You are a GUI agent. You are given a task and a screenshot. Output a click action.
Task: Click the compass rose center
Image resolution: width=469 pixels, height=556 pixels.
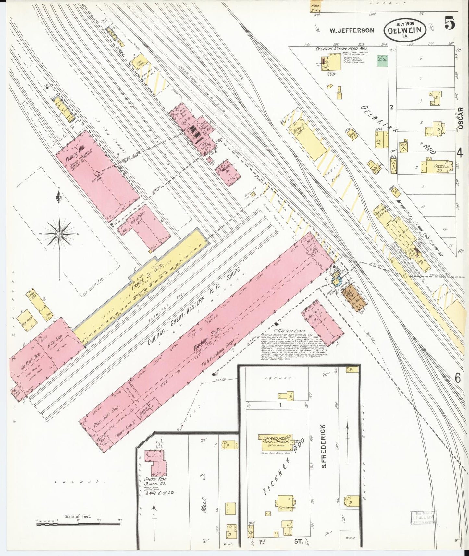59,234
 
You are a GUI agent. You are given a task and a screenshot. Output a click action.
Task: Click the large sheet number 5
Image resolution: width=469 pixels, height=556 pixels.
450,24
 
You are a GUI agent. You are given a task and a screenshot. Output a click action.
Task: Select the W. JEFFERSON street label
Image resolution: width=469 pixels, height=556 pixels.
352,30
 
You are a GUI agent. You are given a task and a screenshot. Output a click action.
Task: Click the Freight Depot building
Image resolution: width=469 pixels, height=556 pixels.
308,137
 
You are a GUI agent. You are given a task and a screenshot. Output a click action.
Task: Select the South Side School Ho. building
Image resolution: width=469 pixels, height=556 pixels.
155,462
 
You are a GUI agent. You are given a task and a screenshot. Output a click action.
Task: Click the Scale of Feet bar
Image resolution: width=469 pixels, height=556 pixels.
78,523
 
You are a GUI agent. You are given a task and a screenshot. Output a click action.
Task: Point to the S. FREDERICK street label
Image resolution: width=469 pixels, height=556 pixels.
324,446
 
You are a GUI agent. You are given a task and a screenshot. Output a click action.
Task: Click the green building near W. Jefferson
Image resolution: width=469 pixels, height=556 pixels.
382,61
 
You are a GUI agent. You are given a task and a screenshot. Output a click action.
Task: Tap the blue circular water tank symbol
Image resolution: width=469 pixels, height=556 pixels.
337,281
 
